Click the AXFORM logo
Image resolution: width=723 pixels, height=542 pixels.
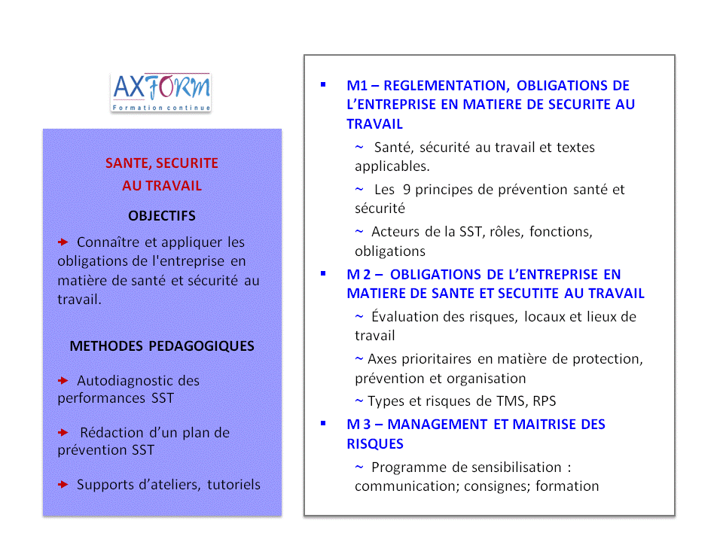160,93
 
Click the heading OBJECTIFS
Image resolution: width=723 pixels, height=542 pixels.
162,216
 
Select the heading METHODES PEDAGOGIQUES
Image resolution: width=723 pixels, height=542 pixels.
162,346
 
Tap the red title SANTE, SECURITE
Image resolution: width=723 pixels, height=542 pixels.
162,163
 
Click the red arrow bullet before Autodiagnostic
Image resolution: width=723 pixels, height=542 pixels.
63,381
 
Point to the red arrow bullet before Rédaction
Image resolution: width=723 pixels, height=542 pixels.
63,433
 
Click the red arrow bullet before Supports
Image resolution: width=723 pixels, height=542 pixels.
63,485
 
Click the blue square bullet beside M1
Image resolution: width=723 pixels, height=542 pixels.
323,85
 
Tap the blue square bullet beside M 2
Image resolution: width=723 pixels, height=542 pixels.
323,274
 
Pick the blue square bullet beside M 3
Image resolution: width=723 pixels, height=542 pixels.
323,424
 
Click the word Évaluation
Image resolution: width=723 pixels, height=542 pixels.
405,317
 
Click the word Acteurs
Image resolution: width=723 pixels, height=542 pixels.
396,232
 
